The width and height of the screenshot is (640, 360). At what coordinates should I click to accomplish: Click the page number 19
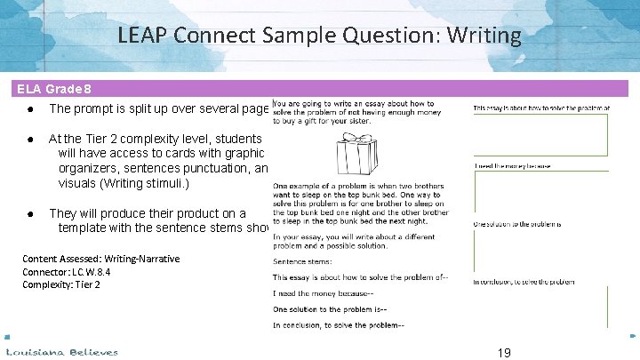coord(504,352)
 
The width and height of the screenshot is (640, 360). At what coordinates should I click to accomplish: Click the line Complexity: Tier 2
coord(61,284)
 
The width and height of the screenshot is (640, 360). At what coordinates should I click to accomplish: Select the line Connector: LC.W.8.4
coord(67,271)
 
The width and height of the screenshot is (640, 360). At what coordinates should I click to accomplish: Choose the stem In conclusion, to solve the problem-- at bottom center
coord(338,324)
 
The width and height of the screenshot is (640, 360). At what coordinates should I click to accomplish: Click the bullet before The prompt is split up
coord(31,109)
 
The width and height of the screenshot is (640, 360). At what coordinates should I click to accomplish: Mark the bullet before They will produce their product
coord(31,213)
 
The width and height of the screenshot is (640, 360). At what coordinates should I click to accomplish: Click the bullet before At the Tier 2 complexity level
coord(31,139)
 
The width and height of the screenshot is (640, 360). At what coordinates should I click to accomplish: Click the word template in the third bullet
coord(86,228)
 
